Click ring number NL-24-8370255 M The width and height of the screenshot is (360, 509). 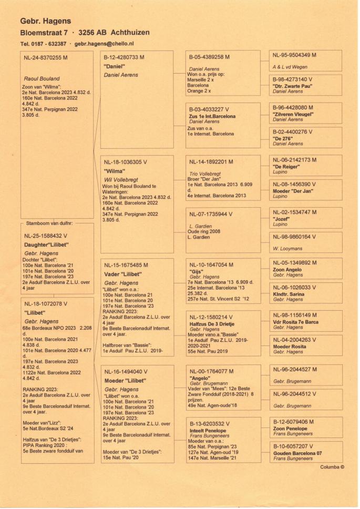coord(49,58)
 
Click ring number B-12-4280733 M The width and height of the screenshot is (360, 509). coord(124,57)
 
